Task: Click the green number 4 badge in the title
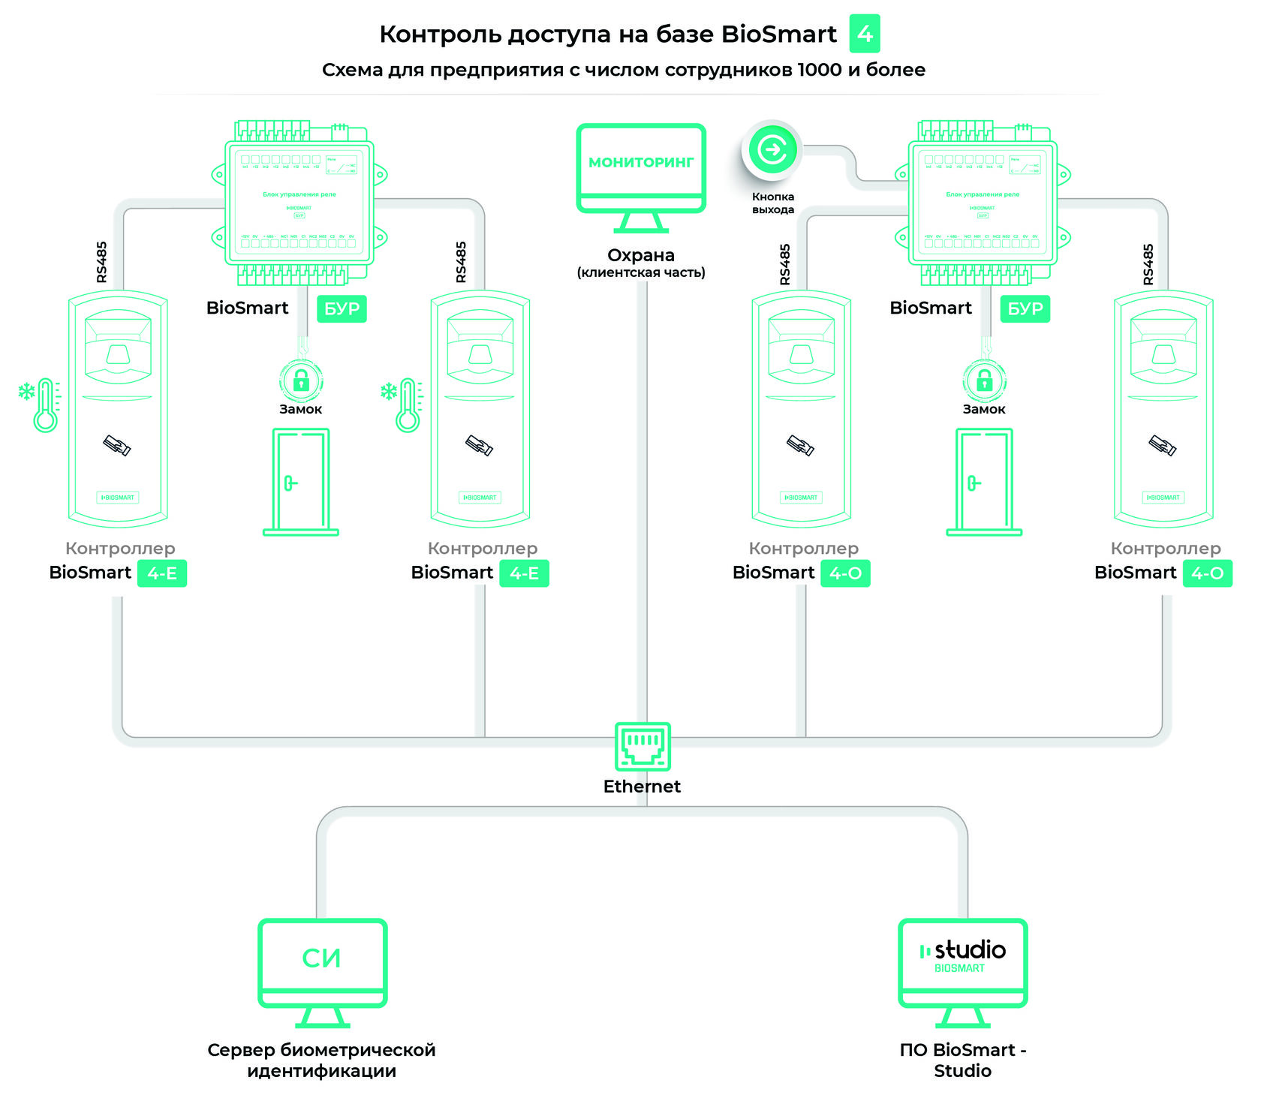coord(864,34)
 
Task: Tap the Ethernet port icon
coord(643,746)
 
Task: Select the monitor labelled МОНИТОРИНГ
coord(641,169)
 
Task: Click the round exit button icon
coord(772,150)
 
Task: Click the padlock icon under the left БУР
coord(301,380)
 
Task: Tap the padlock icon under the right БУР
coord(984,380)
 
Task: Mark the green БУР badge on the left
coord(342,308)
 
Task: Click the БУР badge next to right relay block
coord(1025,308)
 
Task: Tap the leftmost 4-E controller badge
coord(162,573)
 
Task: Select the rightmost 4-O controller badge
coord(1207,573)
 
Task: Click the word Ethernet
coord(642,787)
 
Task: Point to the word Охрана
coord(640,255)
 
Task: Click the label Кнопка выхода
coord(773,203)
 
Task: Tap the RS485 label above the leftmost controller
coord(102,262)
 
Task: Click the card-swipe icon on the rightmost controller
coord(1163,445)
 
